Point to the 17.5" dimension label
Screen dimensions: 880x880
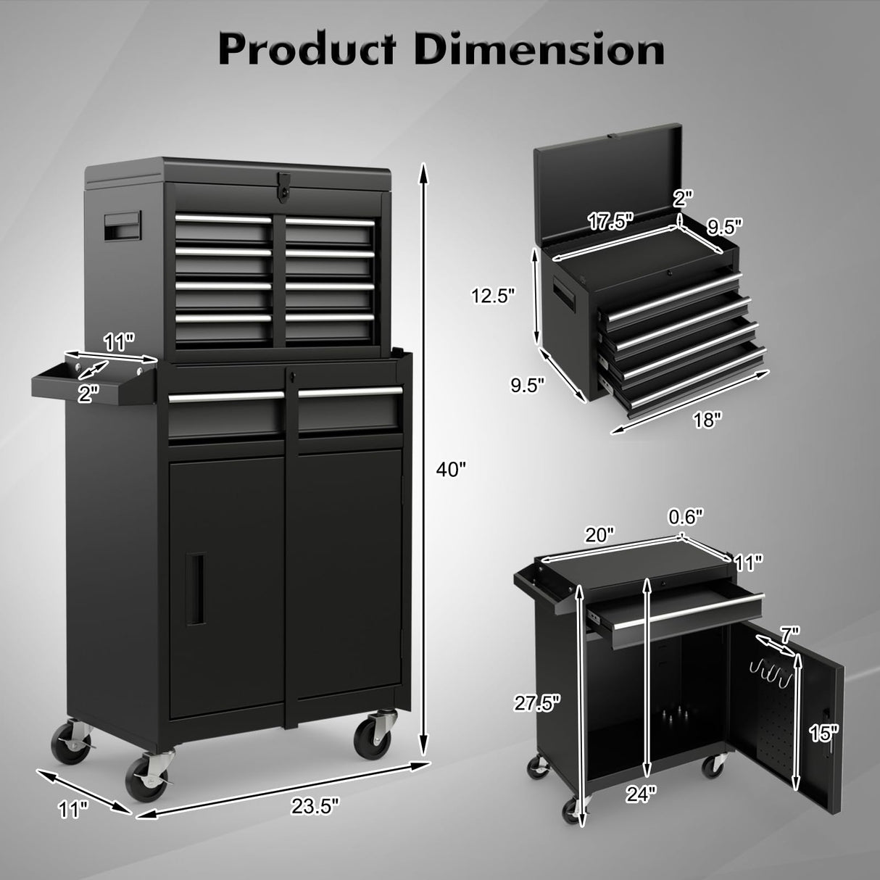605,220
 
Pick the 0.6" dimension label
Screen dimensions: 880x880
686,516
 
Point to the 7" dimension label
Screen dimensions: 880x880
789,634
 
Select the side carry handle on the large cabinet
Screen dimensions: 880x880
122,226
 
